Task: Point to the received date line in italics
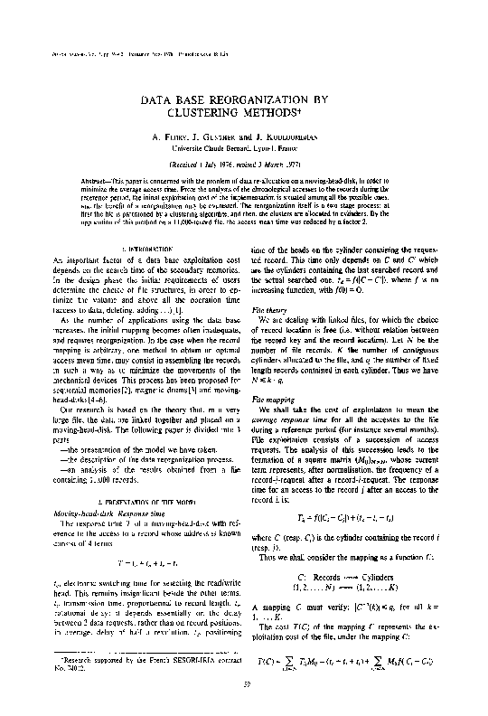(x=243, y=165)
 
